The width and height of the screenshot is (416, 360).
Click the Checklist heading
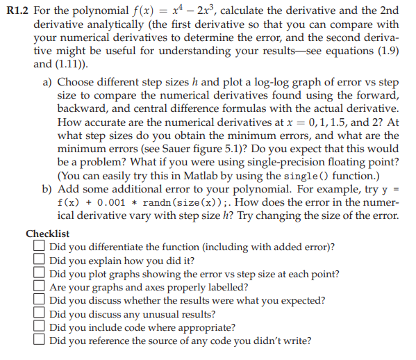47,234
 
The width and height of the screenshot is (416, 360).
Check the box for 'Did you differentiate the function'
40,247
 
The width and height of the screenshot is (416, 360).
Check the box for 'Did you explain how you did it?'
40,261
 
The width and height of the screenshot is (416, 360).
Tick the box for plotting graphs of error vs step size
40,274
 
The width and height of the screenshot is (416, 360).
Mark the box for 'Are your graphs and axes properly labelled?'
40,287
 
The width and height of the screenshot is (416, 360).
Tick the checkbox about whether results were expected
40,300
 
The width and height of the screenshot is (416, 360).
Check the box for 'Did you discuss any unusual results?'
40,313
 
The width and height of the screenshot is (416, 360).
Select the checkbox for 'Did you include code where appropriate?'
40,327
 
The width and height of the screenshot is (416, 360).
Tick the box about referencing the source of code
40,341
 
